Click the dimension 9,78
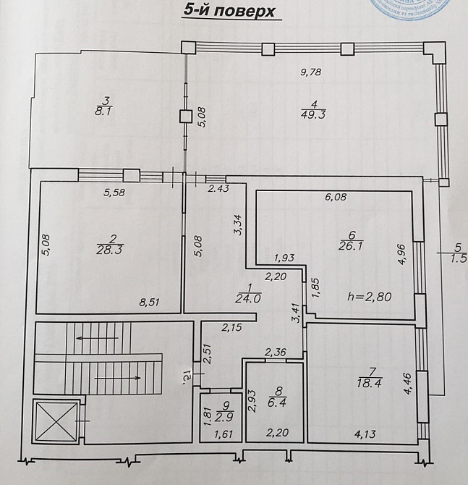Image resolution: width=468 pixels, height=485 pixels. tap(312, 71)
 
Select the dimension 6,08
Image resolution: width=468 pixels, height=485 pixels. tap(337, 196)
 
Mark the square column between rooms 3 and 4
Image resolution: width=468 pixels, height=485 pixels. tap(186, 115)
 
